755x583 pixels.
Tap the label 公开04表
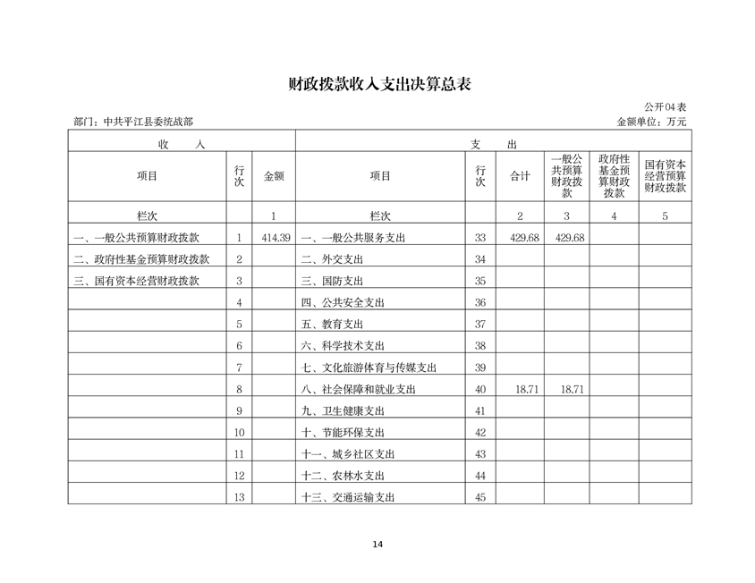click(666, 106)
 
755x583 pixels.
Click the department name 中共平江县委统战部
click(148, 122)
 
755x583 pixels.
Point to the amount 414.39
click(276, 238)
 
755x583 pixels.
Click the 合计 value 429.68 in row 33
click(521, 238)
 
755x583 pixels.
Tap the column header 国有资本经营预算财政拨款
click(665, 176)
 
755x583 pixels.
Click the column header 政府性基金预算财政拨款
click(613, 176)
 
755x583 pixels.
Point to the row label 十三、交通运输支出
click(349, 498)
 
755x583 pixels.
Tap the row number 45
click(480, 498)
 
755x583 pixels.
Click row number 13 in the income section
click(239, 498)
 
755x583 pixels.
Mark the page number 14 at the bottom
click(377, 545)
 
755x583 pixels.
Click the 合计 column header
click(521, 176)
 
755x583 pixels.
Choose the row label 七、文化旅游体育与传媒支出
click(369, 368)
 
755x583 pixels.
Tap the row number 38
click(480, 346)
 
